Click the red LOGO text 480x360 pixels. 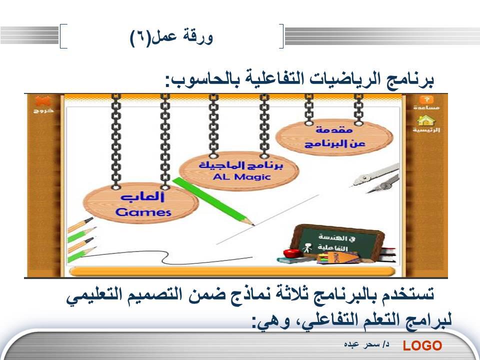coord(422,345)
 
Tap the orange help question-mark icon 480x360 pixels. coord(426,99)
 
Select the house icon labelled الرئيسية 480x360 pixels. coord(426,121)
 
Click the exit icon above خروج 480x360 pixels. coord(43,101)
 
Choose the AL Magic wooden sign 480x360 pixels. coord(239,171)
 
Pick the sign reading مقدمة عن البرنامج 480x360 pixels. coord(334,137)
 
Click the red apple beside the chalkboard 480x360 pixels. coord(291,253)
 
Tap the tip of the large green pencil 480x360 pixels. coord(253,225)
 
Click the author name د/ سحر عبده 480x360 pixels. coord(366,344)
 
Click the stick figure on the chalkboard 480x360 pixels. coord(306,248)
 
